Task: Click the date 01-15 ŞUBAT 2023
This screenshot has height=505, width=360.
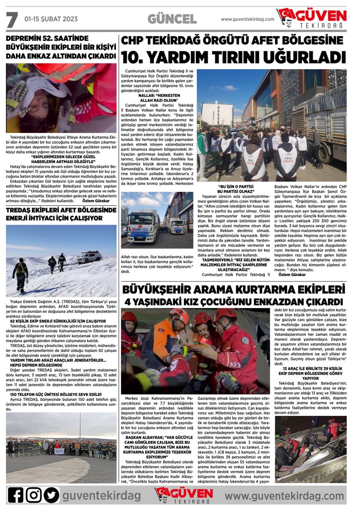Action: pos(51,19)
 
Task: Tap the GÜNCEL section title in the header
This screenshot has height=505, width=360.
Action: pos(172,19)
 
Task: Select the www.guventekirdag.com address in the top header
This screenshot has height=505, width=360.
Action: pos(247,19)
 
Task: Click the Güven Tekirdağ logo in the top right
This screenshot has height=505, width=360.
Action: pos(311,18)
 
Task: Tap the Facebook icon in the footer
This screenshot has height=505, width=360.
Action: pos(15,495)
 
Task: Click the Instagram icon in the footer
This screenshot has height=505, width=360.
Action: pos(34,495)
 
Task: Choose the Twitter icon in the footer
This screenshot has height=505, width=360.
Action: pos(51,495)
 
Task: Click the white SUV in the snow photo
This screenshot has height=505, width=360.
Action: pos(89,257)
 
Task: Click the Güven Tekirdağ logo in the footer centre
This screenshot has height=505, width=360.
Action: pos(183,494)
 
